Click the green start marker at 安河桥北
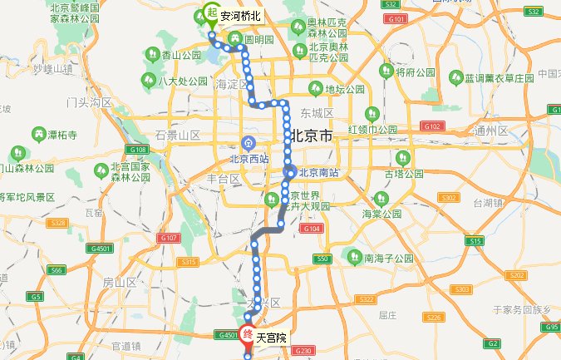pos(209,14)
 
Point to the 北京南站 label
pos(319,173)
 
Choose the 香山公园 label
pos(182,55)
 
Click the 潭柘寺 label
pos(62,134)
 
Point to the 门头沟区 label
pos(89,102)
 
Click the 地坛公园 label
pos(344,89)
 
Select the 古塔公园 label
pos(402,174)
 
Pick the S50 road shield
pos(322,259)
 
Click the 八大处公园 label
pos(185,81)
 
